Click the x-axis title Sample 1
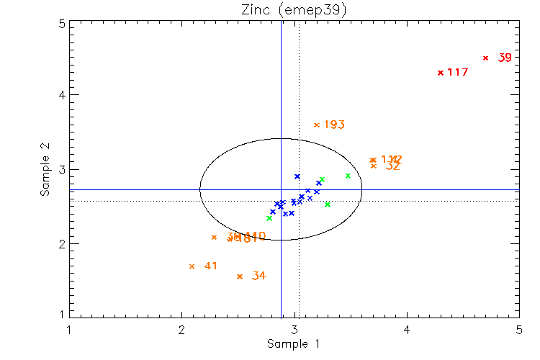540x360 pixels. coord(293,344)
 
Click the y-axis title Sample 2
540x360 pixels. coord(45,170)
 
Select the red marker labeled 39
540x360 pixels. coord(486,58)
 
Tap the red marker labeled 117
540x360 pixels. coord(440,72)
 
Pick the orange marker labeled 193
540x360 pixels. coord(316,125)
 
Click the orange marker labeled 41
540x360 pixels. coord(192,266)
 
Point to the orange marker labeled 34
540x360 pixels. coord(240,276)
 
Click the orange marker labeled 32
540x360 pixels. coord(374,166)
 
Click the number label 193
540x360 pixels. coord(334,125)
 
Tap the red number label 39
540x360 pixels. coord(505,58)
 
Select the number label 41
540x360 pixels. coord(210,266)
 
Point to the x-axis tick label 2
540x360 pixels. coord(181,330)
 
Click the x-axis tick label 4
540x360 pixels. coord(407,330)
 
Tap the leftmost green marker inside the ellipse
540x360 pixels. coord(269,217)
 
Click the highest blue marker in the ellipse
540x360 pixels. coord(297,176)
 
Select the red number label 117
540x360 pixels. coord(458,72)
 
